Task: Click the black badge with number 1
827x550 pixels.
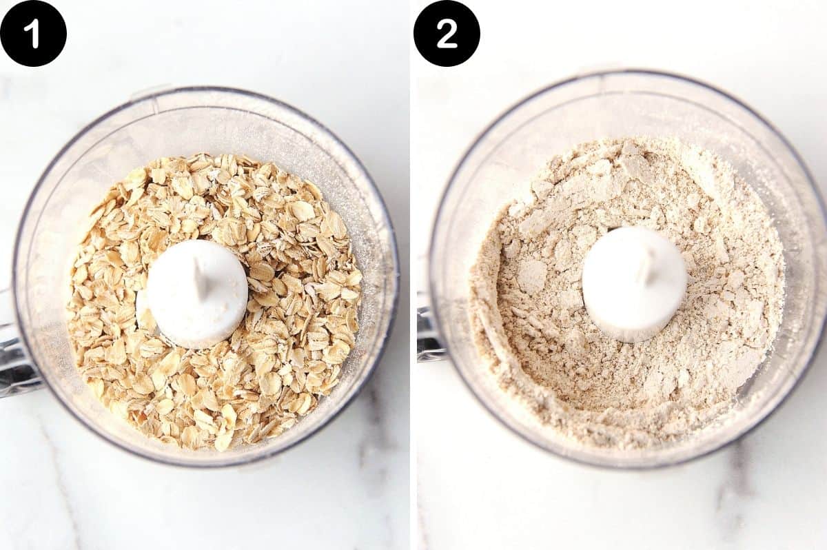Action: pos(33,33)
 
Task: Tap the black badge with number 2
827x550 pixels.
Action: pos(447,33)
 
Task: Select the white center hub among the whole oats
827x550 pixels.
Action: pos(196,292)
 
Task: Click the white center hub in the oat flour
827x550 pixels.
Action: pos(634,283)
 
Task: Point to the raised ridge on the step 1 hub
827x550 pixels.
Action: pos(199,280)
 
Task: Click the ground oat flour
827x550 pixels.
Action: pos(551,358)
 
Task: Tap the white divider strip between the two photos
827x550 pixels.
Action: pos(412,276)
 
